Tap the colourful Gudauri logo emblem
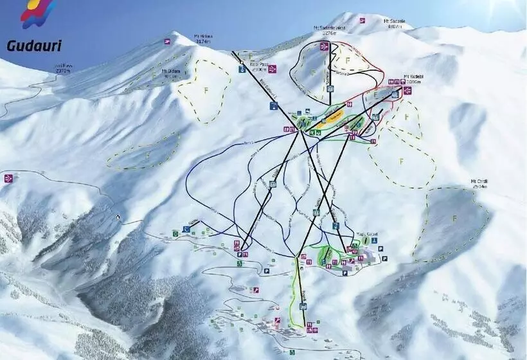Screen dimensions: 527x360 [x=37, y=14]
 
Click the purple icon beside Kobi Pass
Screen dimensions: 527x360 [x=272, y=69]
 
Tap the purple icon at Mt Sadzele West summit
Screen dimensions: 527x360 [x=325, y=46]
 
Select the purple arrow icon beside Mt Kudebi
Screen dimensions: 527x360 [x=407, y=91]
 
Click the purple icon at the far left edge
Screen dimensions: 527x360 [x=8, y=178]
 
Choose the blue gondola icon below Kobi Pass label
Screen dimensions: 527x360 [x=242, y=69]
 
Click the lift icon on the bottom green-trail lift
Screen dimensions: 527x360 [x=303, y=305]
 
